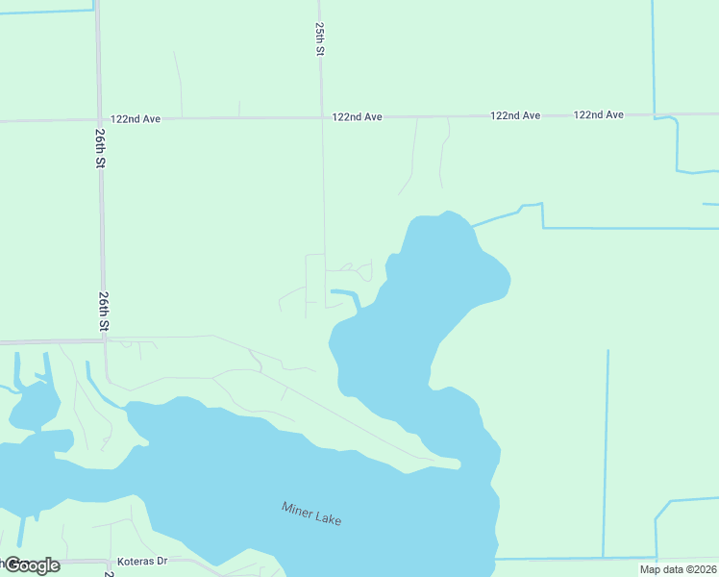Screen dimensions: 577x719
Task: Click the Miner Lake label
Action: tap(311, 514)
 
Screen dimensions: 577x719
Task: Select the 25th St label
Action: tap(318, 39)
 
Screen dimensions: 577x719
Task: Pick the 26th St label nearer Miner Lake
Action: tap(102, 313)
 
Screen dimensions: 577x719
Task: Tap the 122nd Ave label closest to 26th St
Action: tap(135, 119)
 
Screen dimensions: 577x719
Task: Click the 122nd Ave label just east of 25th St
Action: tap(357, 117)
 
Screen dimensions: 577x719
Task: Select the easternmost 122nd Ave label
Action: tap(598, 114)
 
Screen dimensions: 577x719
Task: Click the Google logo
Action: tap(31, 565)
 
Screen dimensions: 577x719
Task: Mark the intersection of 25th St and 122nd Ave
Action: tap(321, 117)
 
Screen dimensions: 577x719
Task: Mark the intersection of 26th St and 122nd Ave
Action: tap(99, 120)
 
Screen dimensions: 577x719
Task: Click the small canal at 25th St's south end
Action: tap(346, 294)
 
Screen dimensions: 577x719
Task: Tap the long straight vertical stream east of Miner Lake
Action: tap(606, 452)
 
